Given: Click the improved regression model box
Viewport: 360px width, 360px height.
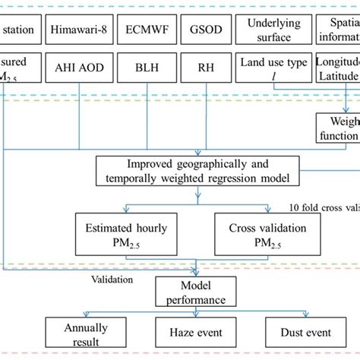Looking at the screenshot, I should click(x=198, y=170).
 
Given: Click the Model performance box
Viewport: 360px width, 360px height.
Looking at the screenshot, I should click(x=197, y=291).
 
